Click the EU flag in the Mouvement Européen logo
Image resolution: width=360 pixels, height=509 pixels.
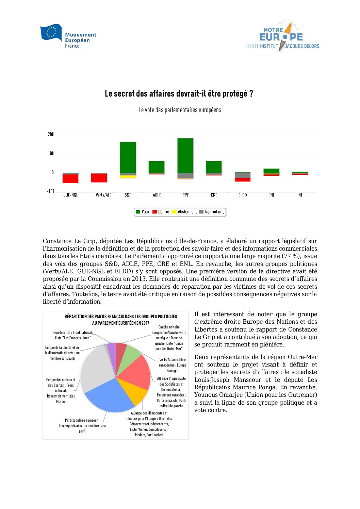51,32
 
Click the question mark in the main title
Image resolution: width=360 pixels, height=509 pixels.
251,94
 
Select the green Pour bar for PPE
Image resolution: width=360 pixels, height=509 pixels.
185,155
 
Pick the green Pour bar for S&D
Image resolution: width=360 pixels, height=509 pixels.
128,157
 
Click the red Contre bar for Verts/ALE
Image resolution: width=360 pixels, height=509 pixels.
99,178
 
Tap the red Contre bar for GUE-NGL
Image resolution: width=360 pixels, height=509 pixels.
70,179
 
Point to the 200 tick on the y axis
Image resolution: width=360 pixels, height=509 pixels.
51,135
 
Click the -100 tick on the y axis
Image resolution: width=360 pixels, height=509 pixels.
51,192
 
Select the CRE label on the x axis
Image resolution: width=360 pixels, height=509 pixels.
214,195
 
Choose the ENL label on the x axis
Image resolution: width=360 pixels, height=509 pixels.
271,195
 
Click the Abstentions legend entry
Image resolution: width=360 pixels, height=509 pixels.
185,212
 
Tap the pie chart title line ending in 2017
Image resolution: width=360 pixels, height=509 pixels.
120,323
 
